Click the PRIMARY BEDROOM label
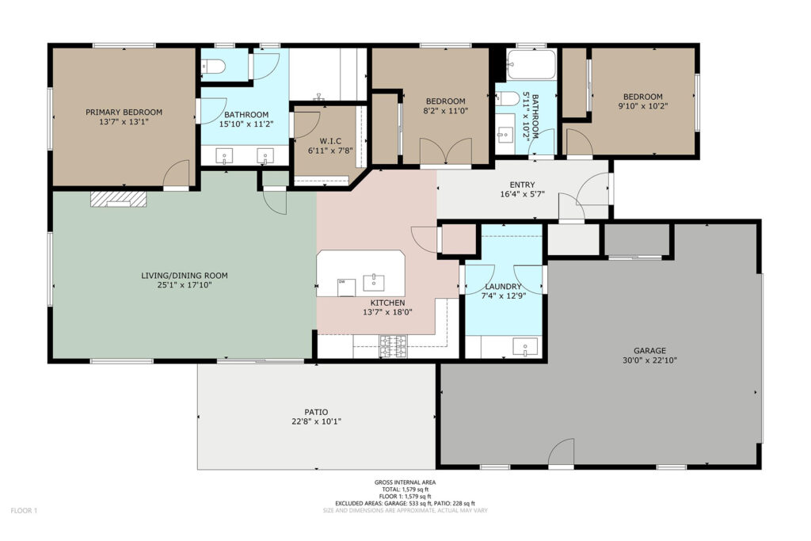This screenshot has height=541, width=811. (124, 112)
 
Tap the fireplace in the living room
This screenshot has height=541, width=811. (119, 199)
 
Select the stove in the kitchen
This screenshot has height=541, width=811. (393, 346)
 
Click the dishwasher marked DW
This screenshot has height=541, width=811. (347, 288)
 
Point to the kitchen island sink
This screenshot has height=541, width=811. (374, 283)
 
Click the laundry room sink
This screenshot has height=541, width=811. (525, 346)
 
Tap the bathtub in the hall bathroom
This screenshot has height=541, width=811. (531, 64)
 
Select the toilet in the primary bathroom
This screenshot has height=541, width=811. (213, 67)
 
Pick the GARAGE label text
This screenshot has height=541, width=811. (649, 351)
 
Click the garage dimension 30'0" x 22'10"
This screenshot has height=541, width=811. (649, 360)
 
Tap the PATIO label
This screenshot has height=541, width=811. (316, 412)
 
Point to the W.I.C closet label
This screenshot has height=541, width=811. (330, 141)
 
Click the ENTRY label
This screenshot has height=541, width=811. (523, 185)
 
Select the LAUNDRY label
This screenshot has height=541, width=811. (503, 287)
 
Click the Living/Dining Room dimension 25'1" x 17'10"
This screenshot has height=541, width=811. (185, 285)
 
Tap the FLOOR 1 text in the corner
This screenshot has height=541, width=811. (25, 511)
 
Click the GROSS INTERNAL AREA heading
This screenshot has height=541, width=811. (405, 482)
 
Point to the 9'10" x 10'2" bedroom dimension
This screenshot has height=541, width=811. (643, 106)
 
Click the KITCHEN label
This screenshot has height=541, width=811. (387, 303)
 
